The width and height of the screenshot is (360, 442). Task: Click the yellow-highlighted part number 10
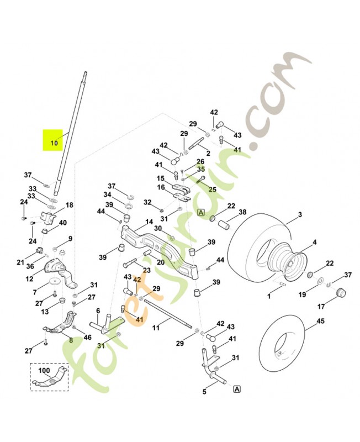click(54, 142)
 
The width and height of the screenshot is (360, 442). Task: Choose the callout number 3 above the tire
click(300, 214)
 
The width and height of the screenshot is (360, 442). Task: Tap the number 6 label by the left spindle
click(98, 311)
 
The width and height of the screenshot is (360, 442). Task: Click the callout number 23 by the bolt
click(147, 270)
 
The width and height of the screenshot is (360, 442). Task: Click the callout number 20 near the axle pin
click(160, 262)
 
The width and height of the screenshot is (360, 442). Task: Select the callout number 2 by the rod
click(208, 152)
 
